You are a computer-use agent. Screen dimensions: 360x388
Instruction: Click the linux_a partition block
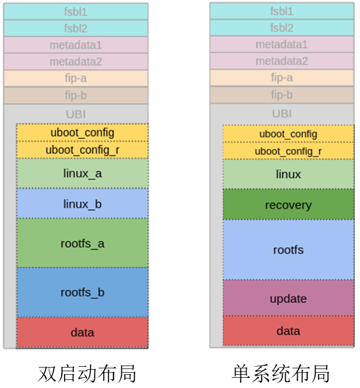tap(82, 174)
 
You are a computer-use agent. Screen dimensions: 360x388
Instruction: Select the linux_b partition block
tap(82, 203)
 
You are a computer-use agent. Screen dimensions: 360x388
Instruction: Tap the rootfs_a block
tap(82, 243)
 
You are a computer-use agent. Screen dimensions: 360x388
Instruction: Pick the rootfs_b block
tap(82, 292)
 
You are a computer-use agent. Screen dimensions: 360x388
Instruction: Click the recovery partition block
tap(289, 204)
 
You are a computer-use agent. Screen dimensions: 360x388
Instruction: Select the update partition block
tap(289, 298)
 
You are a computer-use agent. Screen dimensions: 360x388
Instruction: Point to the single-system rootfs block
tap(289, 250)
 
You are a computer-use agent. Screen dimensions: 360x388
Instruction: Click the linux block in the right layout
tap(289, 174)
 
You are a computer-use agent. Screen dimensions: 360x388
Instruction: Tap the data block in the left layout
tap(82, 332)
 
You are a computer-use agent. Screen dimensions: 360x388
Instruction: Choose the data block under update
tap(289, 331)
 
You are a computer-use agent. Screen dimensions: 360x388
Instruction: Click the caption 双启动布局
tap(87, 373)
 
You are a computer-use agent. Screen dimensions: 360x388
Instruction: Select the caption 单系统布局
tap(281, 373)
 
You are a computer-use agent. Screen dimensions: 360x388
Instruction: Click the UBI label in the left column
tap(76, 114)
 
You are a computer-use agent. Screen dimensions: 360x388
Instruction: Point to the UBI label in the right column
tap(281, 114)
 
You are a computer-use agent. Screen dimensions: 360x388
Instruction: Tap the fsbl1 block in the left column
tap(76, 12)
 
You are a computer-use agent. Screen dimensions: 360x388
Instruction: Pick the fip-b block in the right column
tap(282, 94)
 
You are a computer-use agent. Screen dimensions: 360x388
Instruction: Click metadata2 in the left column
tap(76, 62)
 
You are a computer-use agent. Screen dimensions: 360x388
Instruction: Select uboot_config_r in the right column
tap(289, 151)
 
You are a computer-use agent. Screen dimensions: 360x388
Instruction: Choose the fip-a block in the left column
tap(76, 78)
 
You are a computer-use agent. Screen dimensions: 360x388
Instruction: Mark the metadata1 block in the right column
tap(282, 44)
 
